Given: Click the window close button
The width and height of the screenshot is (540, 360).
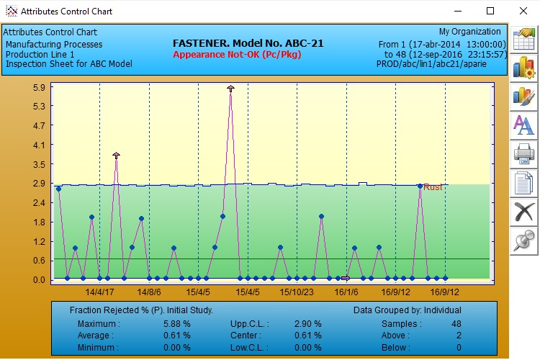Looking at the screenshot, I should (x=523, y=11).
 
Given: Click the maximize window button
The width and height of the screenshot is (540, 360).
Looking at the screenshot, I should (x=490, y=11).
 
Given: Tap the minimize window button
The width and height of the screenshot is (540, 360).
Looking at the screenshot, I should (x=458, y=11).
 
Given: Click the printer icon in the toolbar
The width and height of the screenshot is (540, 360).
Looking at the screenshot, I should (x=523, y=153).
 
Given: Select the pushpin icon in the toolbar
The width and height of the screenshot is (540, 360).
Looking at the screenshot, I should (x=523, y=240).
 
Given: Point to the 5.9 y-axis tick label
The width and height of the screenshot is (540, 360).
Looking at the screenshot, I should (x=39, y=87).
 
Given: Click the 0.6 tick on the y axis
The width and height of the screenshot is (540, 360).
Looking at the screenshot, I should (x=39, y=261).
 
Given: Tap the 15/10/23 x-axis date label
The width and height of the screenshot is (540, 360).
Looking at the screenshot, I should (x=297, y=292).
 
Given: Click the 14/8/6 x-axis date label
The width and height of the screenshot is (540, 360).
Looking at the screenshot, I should (x=149, y=292).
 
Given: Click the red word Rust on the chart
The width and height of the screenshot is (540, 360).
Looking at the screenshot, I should (x=433, y=187).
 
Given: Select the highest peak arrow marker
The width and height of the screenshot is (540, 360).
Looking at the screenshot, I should (x=230, y=89).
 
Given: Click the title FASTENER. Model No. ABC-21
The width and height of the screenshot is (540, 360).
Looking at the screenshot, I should (x=248, y=43).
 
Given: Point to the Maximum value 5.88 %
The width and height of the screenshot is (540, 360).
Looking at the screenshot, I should (x=177, y=324).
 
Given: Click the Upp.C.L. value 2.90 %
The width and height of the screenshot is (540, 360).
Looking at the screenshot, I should (x=307, y=324).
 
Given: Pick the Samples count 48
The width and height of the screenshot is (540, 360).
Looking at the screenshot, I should (x=456, y=324).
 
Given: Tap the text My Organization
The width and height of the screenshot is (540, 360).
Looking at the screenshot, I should (x=469, y=32).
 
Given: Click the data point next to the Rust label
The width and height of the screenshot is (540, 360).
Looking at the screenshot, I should (x=420, y=186).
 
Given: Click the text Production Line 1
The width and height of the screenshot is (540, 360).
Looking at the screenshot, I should (x=40, y=54).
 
